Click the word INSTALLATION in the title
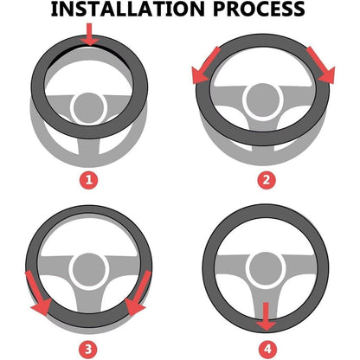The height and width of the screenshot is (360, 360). tap(128, 9)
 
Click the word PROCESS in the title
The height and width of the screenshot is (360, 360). tap(259, 9)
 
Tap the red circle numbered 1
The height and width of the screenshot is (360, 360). tap(89, 180)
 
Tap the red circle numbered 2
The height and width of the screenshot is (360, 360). tap(267, 180)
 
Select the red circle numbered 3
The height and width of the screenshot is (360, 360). tap(88, 350)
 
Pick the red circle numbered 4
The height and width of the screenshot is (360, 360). tap(267, 350)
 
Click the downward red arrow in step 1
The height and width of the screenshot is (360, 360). tap(89, 35)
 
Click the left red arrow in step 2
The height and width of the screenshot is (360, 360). tap(205, 66)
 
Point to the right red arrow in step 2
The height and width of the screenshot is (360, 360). tap(321, 66)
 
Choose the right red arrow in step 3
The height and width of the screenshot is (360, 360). tap(138, 293)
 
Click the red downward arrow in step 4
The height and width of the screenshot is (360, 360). tap(266, 317)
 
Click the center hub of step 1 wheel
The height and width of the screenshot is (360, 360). tap(88, 108)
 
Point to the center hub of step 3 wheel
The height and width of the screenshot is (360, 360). tap(88, 270)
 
